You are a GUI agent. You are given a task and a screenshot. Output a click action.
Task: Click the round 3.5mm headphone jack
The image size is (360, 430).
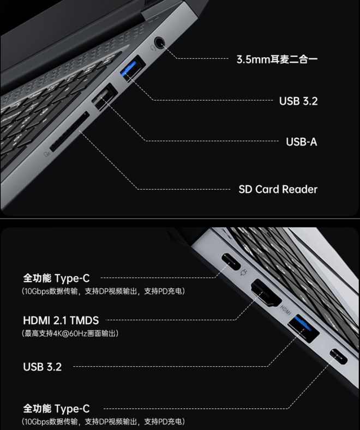[159, 43]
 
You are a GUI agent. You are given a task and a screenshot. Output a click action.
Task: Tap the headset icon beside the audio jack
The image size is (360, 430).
[153, 48]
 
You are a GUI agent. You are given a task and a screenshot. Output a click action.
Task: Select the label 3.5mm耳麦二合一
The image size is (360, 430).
[277, 59]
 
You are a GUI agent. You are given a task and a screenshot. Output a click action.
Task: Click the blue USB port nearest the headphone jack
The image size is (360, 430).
[133, 69]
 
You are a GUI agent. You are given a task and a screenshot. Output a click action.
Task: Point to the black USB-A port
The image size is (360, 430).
[104, 96]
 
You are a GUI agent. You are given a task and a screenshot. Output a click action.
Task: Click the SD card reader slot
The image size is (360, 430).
[69, 132]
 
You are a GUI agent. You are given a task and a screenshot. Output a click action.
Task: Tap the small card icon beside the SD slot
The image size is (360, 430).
[47, 154]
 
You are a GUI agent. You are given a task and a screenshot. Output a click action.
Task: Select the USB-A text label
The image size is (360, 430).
[301, 142]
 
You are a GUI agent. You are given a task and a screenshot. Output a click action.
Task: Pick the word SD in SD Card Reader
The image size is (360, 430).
[245, 189]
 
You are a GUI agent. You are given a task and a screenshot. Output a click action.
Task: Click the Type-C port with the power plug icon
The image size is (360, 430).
[231, 262]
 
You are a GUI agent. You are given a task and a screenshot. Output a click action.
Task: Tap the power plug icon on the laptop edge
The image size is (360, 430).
[244, 272]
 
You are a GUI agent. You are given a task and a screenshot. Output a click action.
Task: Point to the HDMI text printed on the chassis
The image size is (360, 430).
[285, 310]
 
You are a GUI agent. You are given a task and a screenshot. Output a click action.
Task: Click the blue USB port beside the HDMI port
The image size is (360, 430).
[303, 329]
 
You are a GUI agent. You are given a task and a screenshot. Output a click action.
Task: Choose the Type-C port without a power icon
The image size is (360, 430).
[339, 357]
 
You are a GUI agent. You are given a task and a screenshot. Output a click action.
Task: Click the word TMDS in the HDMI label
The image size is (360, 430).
[84, 320]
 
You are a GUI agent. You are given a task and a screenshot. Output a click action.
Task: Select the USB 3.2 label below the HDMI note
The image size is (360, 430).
[43, 367]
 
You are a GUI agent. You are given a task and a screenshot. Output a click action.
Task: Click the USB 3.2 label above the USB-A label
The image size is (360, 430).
[298, 101]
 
